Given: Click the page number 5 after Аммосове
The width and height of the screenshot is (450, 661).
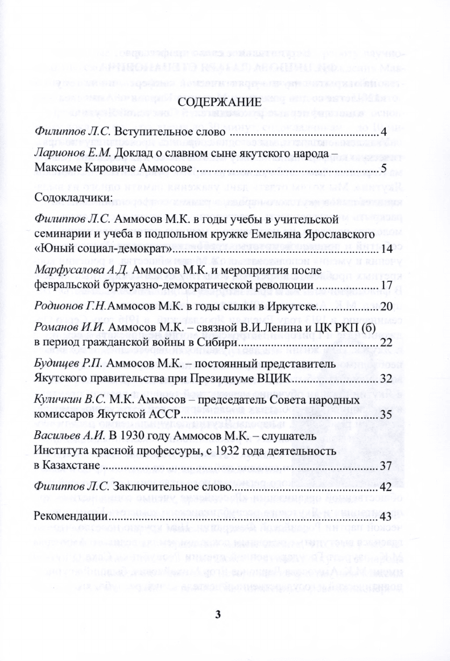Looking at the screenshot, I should point(383,169).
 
